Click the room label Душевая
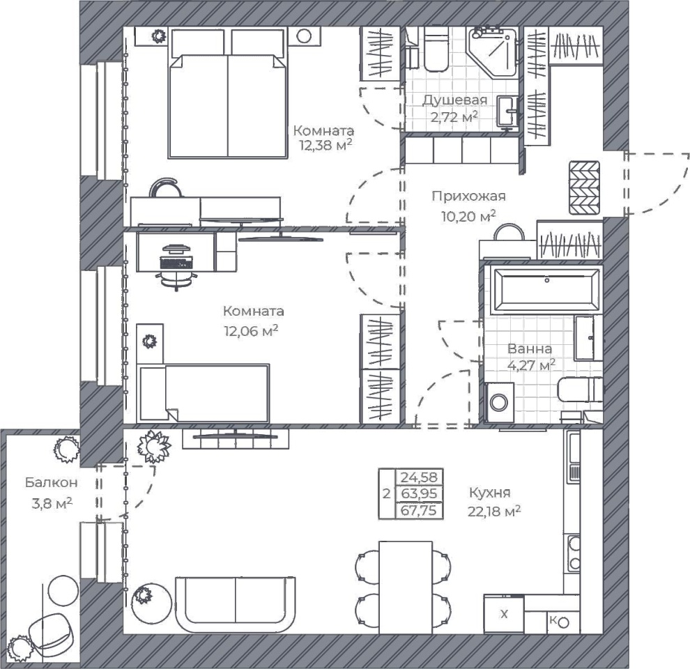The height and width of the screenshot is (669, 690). point(454,100)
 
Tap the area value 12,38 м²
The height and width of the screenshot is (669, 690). point(325,144)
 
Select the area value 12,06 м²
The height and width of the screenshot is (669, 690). point(251,330)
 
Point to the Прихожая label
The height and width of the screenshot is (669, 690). point(468,196)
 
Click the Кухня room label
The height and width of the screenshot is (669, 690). point(489,492)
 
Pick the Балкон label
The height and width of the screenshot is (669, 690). point(52,482)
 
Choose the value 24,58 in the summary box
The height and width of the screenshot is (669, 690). point(419,477)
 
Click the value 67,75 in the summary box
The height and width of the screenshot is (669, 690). point(419,511)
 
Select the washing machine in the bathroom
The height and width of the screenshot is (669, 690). point(500,402)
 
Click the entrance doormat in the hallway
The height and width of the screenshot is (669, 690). point(584,187)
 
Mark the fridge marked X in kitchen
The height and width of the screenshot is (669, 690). point(504,614)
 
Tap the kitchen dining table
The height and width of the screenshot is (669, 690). point(406,587)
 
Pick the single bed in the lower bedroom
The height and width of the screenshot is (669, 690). point(203,393)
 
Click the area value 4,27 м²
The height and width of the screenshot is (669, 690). point(531,365)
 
